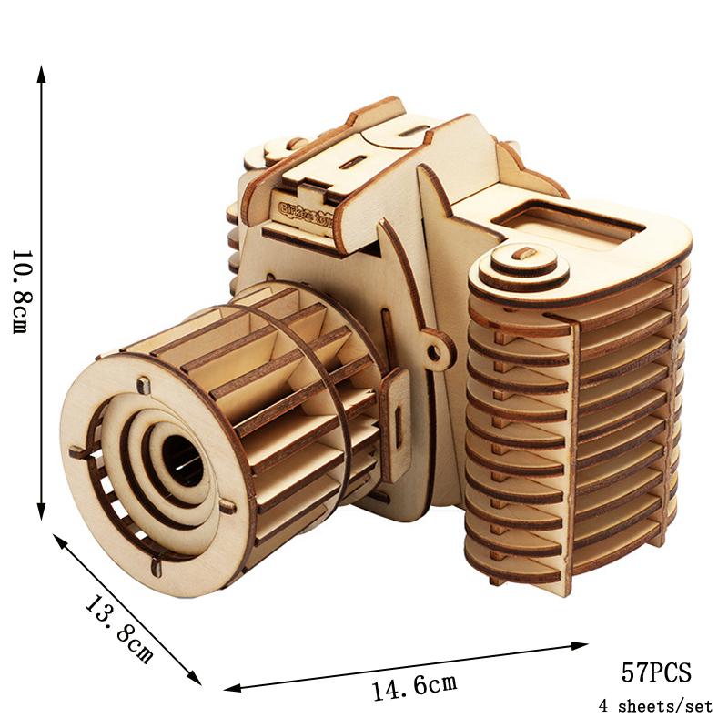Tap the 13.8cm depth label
click(119, 629)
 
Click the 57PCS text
click(656, 673)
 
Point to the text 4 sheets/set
click(655, 705)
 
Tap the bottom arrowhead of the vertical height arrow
click(41, 514)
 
